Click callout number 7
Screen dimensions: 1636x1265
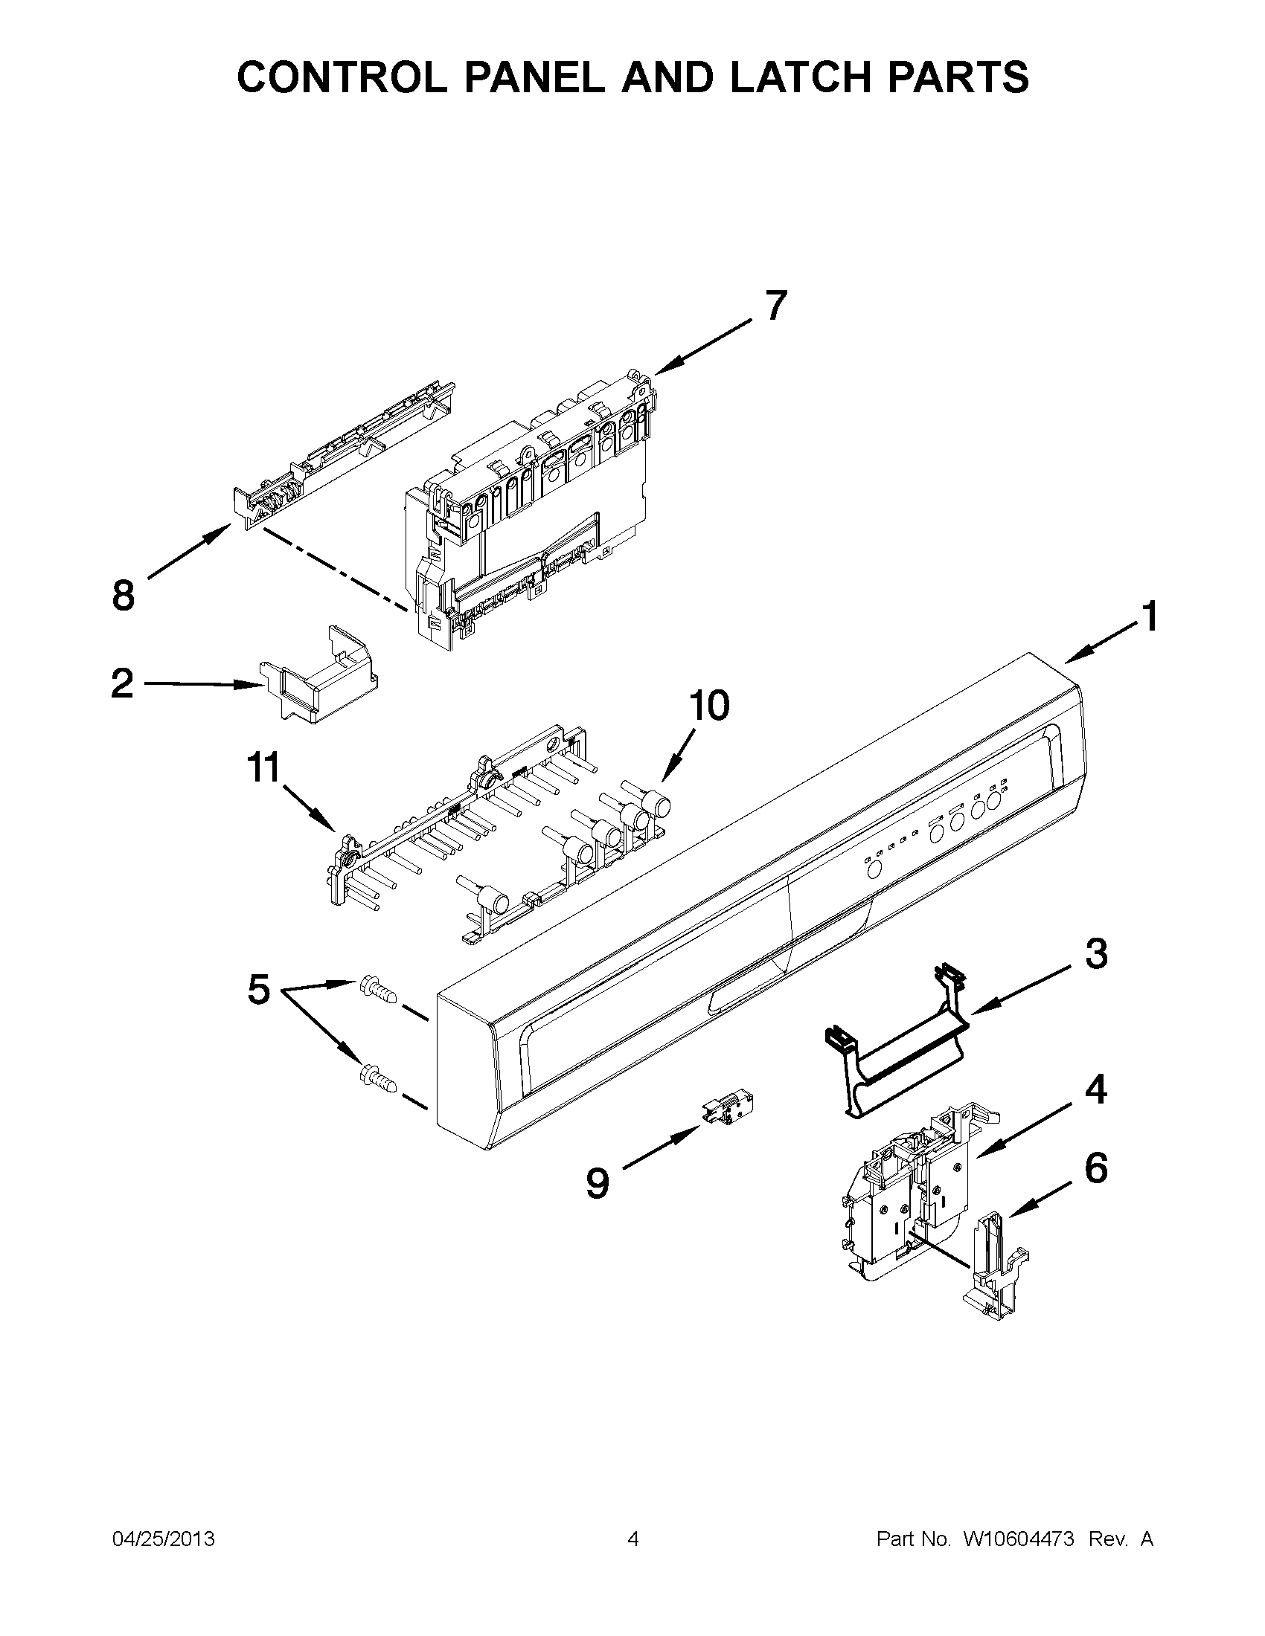(x=775, y=306)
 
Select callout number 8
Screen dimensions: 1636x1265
(x=124, y=596)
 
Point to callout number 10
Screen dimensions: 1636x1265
(x=708, y=706)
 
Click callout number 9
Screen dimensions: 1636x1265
(x=598, y=1185)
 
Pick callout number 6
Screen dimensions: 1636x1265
(x=1095, y=1168)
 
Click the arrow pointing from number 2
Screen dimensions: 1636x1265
(x=199, y=684)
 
